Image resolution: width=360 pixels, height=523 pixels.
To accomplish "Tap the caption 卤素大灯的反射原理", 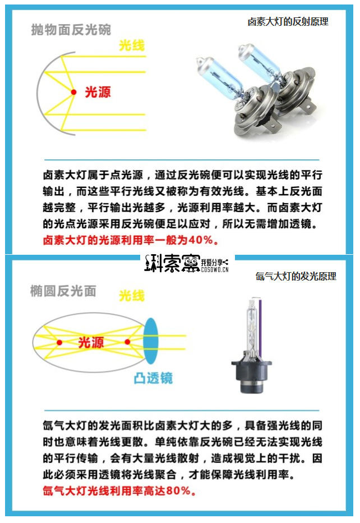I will pos(288,22).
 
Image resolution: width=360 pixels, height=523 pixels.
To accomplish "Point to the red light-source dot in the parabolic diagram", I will pos(73,91).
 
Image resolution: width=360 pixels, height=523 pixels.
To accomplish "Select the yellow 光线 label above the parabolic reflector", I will pos(132,46).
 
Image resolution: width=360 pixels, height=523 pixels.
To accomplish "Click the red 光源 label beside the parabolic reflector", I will pos(98,92).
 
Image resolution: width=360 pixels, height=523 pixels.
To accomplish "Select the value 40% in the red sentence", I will pos(201,240).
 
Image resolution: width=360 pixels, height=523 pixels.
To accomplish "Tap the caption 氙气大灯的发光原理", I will pos(296,276).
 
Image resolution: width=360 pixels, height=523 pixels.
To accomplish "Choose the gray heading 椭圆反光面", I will pos(63,291).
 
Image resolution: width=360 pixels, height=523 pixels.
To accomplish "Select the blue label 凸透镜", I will pos(153,378).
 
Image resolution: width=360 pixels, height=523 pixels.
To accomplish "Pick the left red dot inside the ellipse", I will pos(59,342).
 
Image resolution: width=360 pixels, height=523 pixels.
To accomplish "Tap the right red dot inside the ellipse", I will pos(127,342).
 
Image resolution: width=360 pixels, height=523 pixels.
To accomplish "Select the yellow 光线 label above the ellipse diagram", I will pos(132,295).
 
